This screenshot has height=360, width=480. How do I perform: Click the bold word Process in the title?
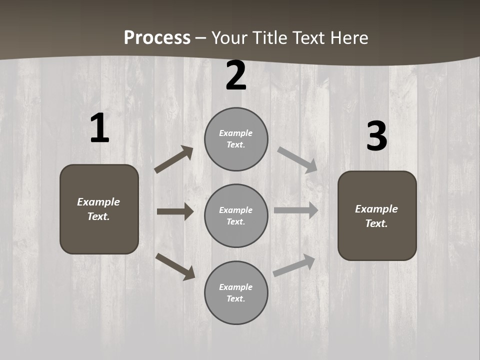pyautogui.click(x=157, y=38)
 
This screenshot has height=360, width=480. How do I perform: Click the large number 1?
pyautogui.click(x=99, y=129)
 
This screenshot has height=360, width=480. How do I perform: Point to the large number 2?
pyautogui.click(x=236, y=76)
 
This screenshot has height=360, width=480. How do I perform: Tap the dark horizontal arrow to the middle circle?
pyautogui.click(x=175, y=211)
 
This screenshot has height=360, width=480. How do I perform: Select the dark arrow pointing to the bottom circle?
pyautogui.click(x=175, y=266)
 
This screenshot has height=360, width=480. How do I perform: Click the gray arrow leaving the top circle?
pyautogui.click(x=297, y=159)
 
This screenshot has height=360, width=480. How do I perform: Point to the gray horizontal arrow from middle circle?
pyautogui.click(x=296, y=210)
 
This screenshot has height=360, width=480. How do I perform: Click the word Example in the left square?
pyautogui.click(x=98, y=202)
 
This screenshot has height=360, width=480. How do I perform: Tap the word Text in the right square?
pyautogui.click(x=376, y=223)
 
